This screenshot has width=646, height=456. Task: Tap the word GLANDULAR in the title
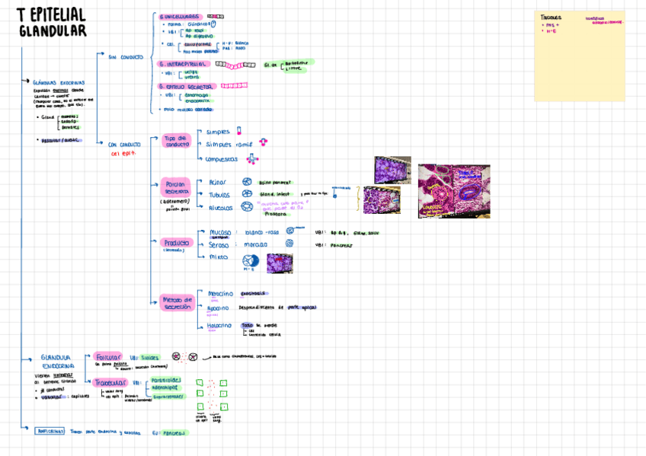(53, 31)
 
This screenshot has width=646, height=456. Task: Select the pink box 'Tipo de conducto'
(177, 141)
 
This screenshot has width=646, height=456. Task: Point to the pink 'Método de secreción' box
(177, 303)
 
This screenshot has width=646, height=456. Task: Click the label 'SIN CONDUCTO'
(126, 57)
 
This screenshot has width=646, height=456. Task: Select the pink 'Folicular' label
(108, 356)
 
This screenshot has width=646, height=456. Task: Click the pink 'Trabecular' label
(110, 383)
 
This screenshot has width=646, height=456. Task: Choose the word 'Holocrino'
(219, 326)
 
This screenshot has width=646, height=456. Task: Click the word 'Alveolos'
(222, 207)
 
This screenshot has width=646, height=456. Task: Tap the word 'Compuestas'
(222, 159)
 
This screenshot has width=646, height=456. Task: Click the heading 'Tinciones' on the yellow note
(551, 18)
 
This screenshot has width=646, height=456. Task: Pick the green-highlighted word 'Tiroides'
(151, 356)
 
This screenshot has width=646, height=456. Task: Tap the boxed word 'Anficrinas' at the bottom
(51, 432)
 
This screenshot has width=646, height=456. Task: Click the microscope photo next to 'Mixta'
(280, 263)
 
